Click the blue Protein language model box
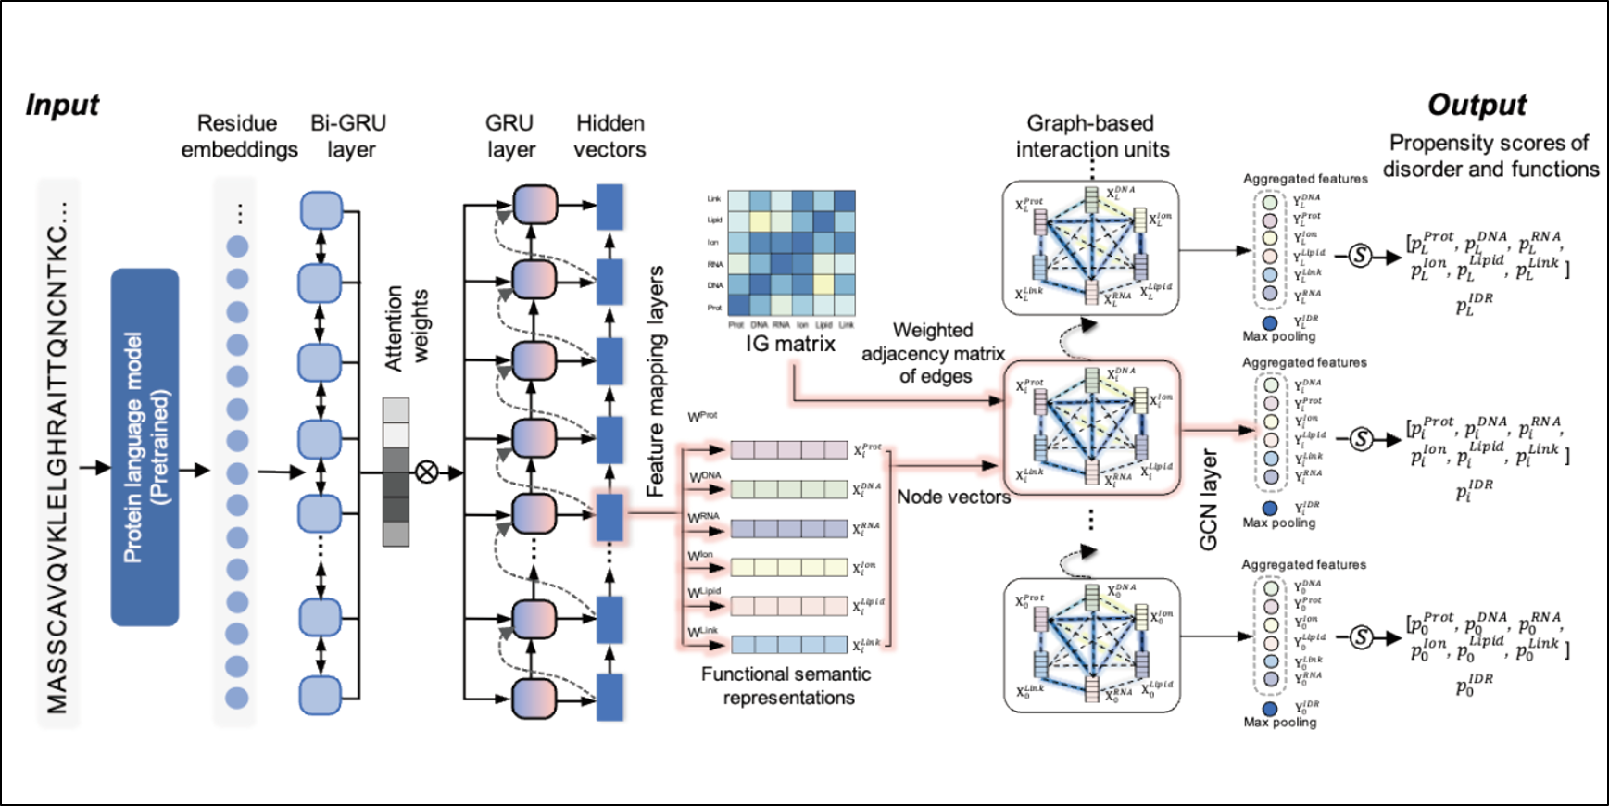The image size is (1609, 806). (x=145, y=447)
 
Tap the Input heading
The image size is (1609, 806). (x=62, y=105)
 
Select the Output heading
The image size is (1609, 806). (x=1477, y=105)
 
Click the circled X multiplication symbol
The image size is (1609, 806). (x=426, y=472)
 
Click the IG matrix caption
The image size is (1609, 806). (x=790, y=345)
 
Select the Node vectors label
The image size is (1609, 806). (x=953, y=497)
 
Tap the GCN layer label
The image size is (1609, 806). (x=1209, y=500)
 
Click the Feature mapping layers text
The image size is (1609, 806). (x=656, y=381)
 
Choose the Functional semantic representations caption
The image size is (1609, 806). (x=786, y=686)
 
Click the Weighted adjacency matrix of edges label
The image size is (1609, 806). (x=934, y=353)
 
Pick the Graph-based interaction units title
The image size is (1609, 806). (x=1092, y=136)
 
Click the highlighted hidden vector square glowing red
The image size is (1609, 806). (x=610, y=517)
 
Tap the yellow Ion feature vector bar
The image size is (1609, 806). (x=788, y=567)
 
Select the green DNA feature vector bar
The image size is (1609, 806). (x=788, y=489)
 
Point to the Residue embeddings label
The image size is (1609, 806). (x=239, y=136)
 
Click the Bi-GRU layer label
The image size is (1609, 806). (x=349, y=136)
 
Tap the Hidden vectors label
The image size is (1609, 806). (x=610, y=136)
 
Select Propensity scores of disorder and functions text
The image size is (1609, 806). (x=1490, y=156)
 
